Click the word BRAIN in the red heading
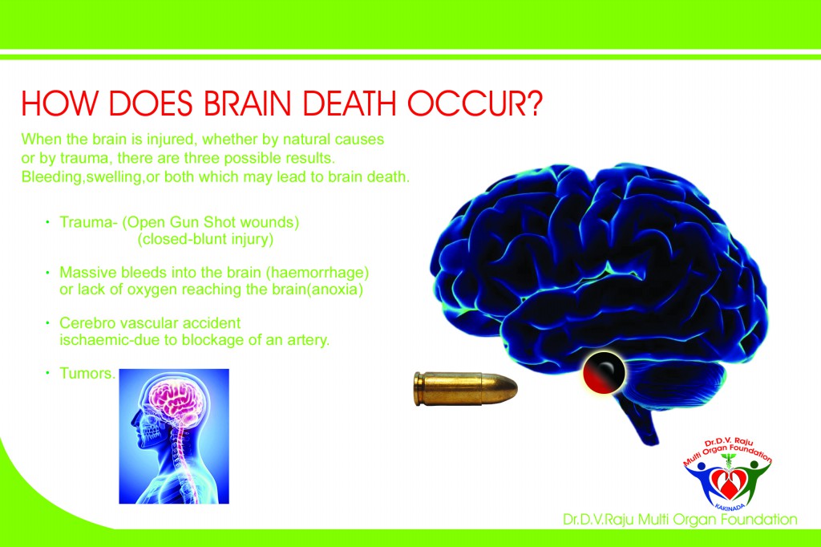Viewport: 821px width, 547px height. [x=247, y=103]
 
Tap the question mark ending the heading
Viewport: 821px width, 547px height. [x=534, y=103]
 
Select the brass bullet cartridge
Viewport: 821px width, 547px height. [x=466, y=388]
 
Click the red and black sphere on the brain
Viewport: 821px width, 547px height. [x=604, y=372]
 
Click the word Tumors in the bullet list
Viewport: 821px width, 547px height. [x=87, y=374]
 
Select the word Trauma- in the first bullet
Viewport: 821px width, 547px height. [x=88, y=222]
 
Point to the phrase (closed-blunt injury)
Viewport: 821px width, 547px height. [x=205, y=240]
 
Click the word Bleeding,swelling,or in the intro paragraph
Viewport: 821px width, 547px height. [x=91, y=177]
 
